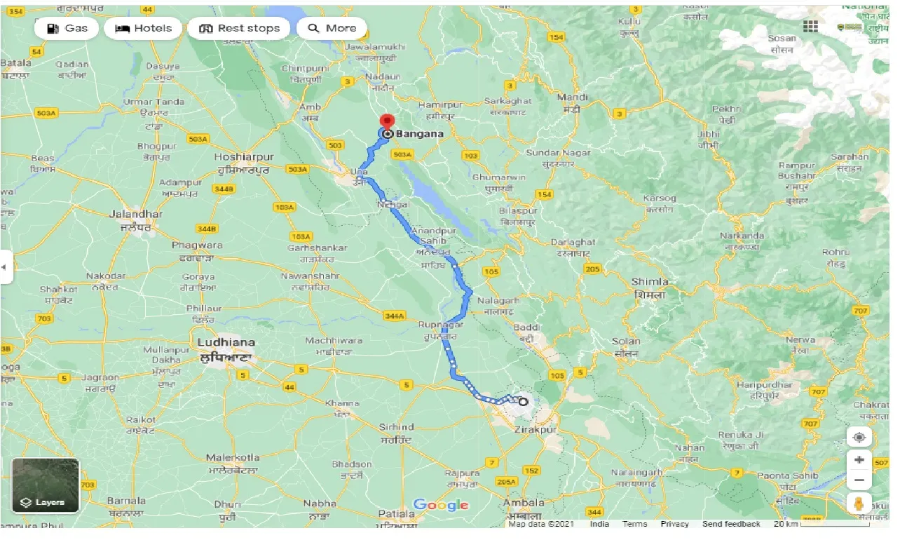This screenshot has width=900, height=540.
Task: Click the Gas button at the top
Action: [x=67, y=28]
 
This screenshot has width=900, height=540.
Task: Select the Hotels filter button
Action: [x=143, y=28]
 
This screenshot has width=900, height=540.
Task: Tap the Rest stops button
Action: [x=239, y=28]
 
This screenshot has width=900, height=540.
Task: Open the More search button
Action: [x=332, y=28]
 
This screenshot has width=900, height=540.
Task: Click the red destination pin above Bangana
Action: [x=386, y=121]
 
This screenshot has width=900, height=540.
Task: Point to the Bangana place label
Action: [x=418, y=133]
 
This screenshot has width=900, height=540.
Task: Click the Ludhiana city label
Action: [x=226, y=342]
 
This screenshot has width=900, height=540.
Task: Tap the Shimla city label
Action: [x=649, y=282]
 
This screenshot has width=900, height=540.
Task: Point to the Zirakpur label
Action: [x=535, y=428]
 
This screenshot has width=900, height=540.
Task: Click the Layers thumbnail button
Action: [x=46, y=485]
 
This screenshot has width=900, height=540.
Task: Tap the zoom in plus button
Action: [x=859, y=460]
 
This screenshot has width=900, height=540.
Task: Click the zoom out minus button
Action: [x=859, y=481]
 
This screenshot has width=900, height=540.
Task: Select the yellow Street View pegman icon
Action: [x=859, y=504]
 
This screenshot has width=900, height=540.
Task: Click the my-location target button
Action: [x=859, y=438]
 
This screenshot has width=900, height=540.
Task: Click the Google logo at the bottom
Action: [x=440, y=505]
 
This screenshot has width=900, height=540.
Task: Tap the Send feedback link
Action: [x=731, y=524]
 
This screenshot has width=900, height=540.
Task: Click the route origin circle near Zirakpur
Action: [x=523, y=402]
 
